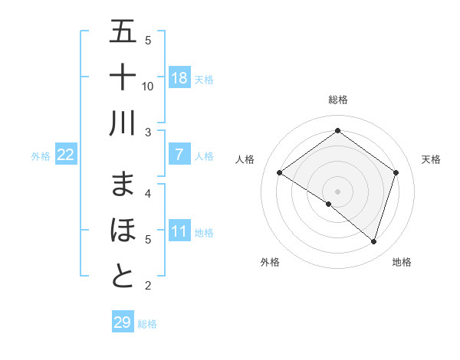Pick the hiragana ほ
(x=123, y=231)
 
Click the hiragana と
(x=123, y=277)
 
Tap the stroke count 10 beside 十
(x=149, y=87)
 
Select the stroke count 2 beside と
(x=148, y=286)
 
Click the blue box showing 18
(x=179, y=78)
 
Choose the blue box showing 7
(x=179, y=155)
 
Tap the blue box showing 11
(x=179, y=232)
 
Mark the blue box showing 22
(x=66, y=155)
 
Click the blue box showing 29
(x=123, y=322)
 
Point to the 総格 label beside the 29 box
(x=147, y=324)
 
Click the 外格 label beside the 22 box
(x=41, y=156)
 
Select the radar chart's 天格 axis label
(x=431, y=159)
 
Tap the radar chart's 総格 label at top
(x=337, y=100)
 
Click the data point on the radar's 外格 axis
(x=329, y=204)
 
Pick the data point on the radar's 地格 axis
(x=373, y=241)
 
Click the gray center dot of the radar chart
(x=337, y=191)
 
